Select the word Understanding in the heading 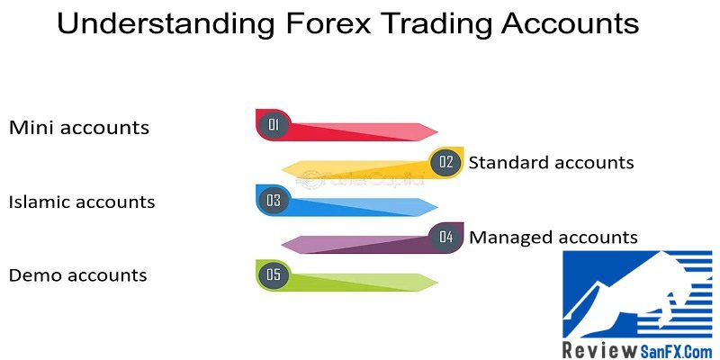pos(166,23)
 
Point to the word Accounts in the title pos(571,23)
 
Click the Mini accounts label pos(79,127)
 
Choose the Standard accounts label pos(551,162)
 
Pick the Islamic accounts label pos(82,202)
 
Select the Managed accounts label pos(553,237)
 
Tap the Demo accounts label pos(78,275)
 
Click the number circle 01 pos(274,124)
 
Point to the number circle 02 pos(445,162)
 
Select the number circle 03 pos(274,200)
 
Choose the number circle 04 pos(445,237)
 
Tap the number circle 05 pos(274,274)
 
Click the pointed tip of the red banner pos(437,132)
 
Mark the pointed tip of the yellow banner pos(282,170)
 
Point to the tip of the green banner pos(437,283)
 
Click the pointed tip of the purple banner pos(282,245)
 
